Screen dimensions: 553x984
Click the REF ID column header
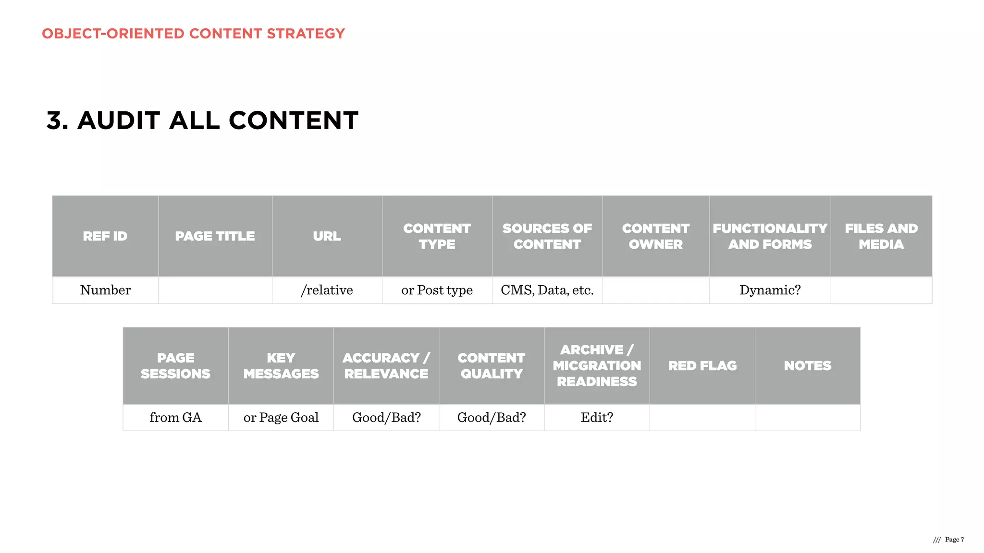[x=105, y=236]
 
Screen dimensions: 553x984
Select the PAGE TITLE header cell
[x=215, y=236]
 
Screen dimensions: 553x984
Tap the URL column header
[x=327, y=236]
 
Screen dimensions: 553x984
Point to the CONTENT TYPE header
[x=437, y=236]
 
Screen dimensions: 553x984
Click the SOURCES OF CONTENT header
[x=547, y=236]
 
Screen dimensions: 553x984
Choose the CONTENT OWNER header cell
[x=655, y=236]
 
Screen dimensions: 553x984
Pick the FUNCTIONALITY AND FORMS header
[x=770, y=236]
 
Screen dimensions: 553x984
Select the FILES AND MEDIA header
[x=881, y=236]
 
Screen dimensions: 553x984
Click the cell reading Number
[x=105, y=290]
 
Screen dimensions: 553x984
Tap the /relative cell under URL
[x=327, y=290]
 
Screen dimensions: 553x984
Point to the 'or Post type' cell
[x=437, y=290]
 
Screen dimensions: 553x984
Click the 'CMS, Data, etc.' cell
[x=547, y=290]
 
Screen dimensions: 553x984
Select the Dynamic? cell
[x=770, y=290]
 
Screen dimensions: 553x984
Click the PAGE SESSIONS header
[x=175, y=366]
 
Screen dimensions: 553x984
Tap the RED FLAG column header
[x=702, y=366]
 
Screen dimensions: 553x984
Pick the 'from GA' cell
[x=175, y=418]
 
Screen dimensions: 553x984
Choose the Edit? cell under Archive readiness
[x=597, y=418]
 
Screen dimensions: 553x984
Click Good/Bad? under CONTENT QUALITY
[x=492, y=418]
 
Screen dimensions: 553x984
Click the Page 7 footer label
[x=954, y=540]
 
